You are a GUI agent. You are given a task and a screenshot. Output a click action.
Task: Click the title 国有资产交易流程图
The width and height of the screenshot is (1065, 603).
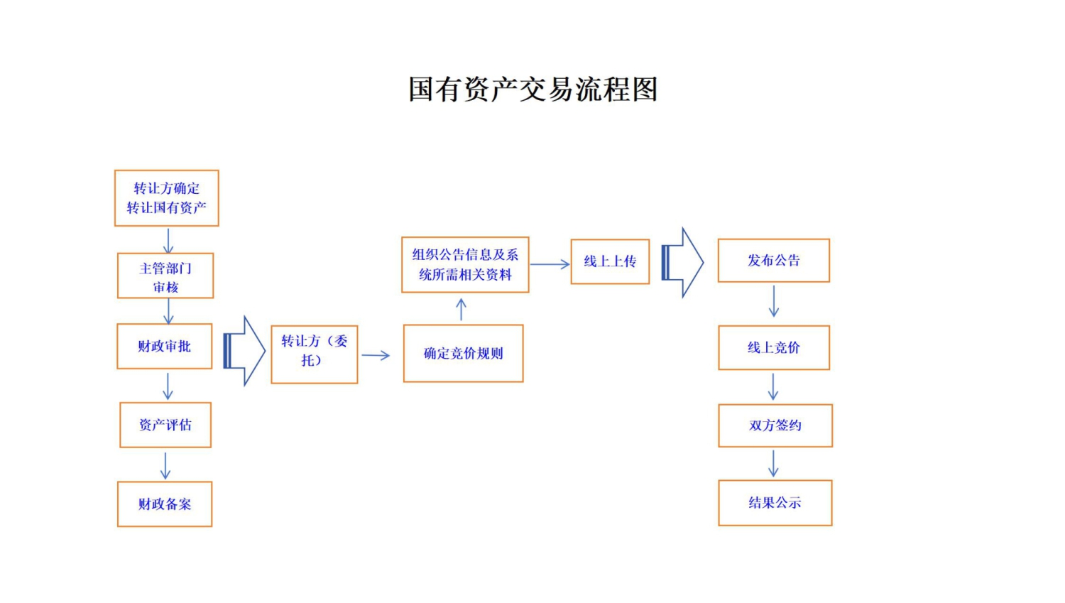coord(532,89)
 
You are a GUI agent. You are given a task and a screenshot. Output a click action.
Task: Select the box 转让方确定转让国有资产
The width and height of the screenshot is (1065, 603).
coord(167,198)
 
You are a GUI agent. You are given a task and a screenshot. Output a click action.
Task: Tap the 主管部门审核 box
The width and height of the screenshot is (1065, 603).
coord(165,276)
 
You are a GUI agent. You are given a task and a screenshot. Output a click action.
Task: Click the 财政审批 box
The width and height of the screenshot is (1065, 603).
coord(165,347)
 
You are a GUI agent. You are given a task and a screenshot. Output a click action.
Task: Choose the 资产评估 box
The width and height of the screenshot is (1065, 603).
coord(165,425)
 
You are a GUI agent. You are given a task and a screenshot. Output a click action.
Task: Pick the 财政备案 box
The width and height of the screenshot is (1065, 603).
coord(165,504)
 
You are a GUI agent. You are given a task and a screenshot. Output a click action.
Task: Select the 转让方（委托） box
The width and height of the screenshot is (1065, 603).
coord(315,354)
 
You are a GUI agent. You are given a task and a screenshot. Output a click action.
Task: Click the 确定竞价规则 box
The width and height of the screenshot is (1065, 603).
coord(464,354)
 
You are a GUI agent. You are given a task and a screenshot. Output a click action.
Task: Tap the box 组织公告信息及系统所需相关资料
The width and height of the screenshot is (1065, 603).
coord(465,265)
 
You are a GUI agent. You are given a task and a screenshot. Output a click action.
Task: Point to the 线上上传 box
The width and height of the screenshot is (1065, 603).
coord(610,262)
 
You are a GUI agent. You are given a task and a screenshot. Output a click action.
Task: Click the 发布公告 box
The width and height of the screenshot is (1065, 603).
coord(774,261)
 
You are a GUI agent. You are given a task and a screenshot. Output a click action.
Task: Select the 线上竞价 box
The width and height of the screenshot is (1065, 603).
coord(774,348)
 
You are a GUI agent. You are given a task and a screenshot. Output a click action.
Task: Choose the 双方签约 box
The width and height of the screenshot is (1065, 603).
coord(775,425)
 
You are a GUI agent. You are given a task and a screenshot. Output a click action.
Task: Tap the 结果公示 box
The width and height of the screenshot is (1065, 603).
coord(775,503)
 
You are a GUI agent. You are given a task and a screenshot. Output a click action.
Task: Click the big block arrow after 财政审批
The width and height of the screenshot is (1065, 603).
coord(244,351)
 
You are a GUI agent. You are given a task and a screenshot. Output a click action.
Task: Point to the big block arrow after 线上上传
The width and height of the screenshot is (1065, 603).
coord(682,263)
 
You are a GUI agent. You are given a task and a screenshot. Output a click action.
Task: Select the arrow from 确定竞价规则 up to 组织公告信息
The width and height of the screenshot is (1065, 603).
coord(461,309)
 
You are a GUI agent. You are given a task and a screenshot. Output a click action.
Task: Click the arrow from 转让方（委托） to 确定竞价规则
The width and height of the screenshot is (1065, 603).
coord(376,355)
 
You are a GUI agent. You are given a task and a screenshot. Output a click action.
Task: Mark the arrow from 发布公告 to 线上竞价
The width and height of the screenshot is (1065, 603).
coord(774,301)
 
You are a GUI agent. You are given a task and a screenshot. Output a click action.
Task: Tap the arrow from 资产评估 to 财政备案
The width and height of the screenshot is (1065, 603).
coord(165,465)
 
